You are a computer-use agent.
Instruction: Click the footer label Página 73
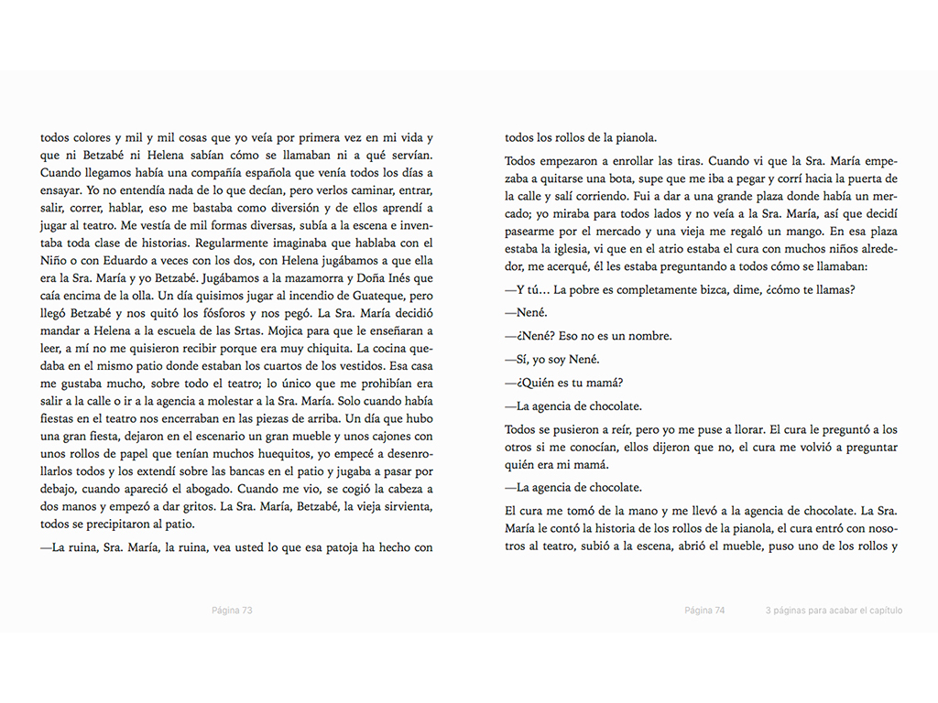click(232, 611)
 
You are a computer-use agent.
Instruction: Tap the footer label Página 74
click(704, 611)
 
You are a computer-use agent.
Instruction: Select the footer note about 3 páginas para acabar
click(834, 611)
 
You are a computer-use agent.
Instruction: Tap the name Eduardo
click(111, 261)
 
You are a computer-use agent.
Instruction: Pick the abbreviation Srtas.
click(277, 330)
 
